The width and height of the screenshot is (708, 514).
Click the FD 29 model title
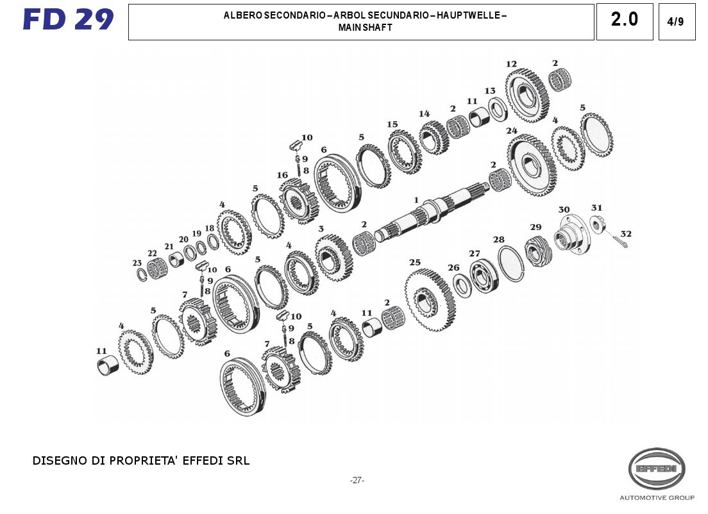(68, 19)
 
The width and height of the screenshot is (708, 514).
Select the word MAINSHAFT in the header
(365, 28)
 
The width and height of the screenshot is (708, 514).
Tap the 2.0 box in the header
(624, 20)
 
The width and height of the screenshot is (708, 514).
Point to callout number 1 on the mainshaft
(416, 200)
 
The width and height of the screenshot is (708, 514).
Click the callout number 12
(511, 64)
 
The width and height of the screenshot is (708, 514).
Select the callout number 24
(511, 131)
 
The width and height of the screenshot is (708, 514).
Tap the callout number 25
(415, 262)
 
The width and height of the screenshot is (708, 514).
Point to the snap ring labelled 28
(511, 263)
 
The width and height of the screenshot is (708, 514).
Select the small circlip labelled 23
(142, 274)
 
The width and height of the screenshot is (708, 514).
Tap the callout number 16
(282, 175)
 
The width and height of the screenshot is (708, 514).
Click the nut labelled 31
(596, 224)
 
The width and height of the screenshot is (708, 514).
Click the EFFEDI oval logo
(657, 469)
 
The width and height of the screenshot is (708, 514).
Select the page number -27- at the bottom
(357, 480)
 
